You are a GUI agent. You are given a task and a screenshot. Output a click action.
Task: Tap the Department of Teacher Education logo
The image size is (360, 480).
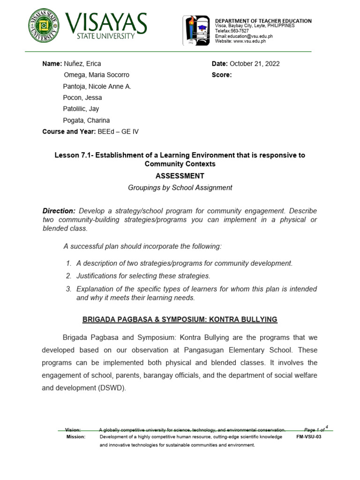196,30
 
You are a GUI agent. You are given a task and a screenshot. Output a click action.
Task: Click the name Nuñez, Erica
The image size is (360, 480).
82,64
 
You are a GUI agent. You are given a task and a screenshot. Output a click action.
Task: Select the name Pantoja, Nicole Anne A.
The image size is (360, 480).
97,86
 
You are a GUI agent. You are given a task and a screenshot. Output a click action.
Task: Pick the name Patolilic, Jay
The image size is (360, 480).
81,109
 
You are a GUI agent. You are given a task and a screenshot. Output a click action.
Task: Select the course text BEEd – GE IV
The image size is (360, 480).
118,132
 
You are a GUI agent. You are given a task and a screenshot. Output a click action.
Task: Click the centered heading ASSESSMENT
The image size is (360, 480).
180,176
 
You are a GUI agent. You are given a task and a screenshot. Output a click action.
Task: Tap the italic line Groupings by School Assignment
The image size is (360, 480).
180,187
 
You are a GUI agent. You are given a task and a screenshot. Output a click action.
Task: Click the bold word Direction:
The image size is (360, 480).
59,211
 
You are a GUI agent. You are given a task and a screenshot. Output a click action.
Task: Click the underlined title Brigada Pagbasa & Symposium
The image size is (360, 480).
180,320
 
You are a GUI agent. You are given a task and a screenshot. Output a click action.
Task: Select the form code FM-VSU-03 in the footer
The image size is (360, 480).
309,436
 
